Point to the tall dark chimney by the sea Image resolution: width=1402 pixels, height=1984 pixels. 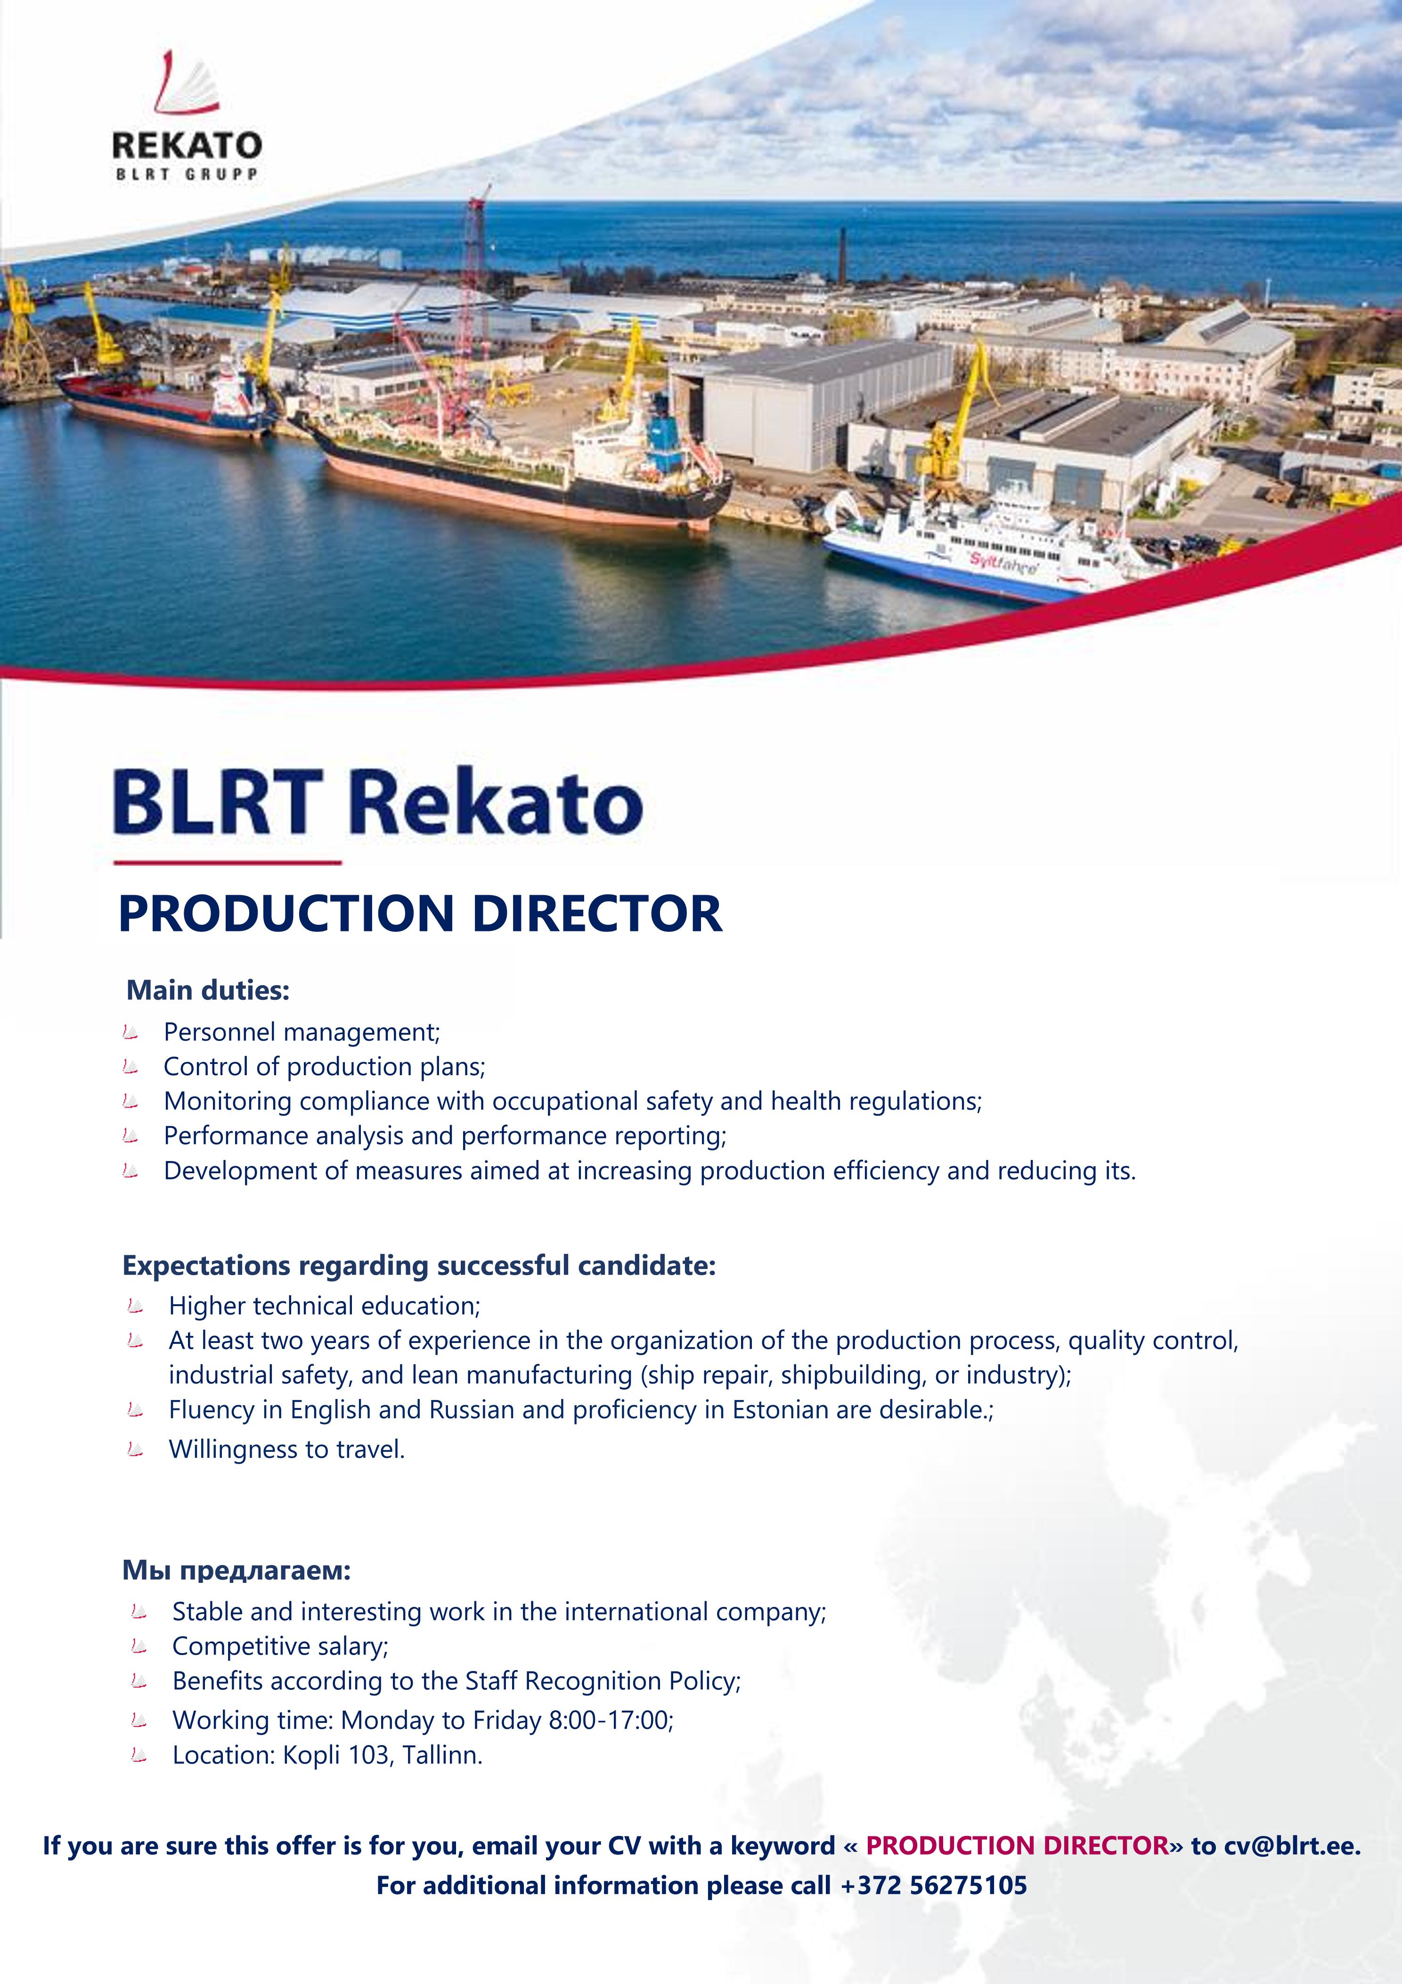pyautogui.click(x=842, y=256)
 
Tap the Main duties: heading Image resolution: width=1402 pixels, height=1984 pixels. pyautogui.click(x=208, y=990)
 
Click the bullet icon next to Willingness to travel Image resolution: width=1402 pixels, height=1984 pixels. pyautogui.click(x=135, y=1449)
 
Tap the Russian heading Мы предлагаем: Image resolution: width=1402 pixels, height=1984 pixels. pyautogui.click(x=236, y=1570)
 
